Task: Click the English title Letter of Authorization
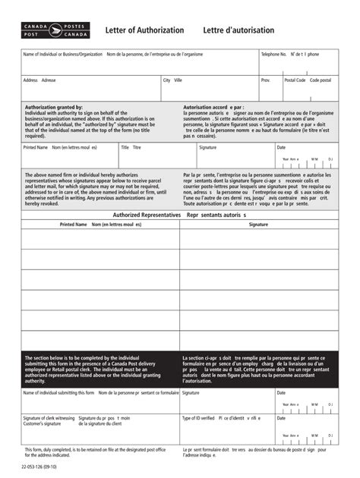pos(144,30)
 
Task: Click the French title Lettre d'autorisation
pos(238,30)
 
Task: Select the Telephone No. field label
pos(273,55)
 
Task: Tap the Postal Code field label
pos(295,80)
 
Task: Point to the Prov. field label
pos(266,80)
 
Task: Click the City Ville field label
pos(172,80)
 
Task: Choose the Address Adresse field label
pos(39,80)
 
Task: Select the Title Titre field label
pos(131,147)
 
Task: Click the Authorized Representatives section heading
pos(147,215)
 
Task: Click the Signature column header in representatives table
pos(258,225)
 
